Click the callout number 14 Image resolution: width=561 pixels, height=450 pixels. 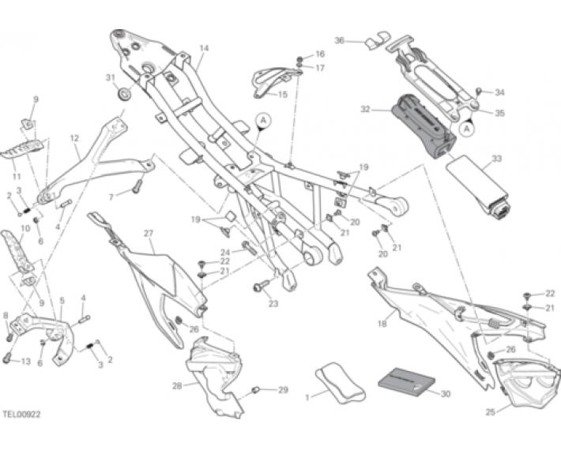(203, 48)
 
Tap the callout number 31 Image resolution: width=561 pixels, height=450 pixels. (111, 78)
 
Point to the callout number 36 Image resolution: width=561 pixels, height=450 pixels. (340, 40)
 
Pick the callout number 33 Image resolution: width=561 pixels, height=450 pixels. (496, 159)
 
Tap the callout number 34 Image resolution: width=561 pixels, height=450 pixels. (499, 92)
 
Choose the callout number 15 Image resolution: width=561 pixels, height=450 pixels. (284, 95)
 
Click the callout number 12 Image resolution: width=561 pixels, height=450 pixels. (74, 138)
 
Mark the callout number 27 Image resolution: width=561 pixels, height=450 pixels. (148, 233)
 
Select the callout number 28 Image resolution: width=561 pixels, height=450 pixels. (177, 386)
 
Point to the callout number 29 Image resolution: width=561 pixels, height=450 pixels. (284, 390)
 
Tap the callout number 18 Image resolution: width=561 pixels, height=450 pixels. (381, 324)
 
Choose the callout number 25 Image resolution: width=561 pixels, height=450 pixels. (490, 411)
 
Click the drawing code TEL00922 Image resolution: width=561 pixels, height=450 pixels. (21, 413)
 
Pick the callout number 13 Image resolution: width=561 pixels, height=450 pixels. (25, 362)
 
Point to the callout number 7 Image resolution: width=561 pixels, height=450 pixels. (111, 194)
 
